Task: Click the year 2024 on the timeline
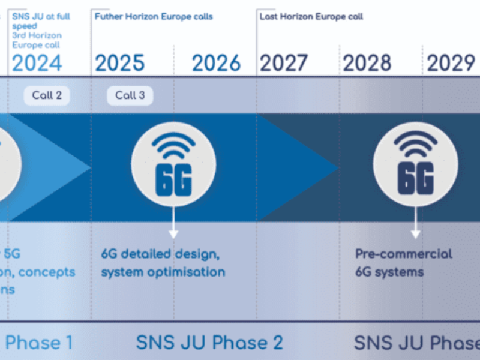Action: pos(37,63)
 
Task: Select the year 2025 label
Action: pos(119,63)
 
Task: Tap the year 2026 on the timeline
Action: pos(216,63)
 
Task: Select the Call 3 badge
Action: pos(130,95)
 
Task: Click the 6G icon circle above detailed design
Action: pos(173,163)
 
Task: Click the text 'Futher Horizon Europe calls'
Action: pos(154,17)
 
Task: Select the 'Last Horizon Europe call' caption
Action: pos(311,17)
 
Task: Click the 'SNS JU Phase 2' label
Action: pos(209,343)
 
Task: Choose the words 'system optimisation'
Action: pos(163,272)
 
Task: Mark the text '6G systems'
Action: pos(389,272)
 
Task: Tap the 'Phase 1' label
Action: pos(39,343)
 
